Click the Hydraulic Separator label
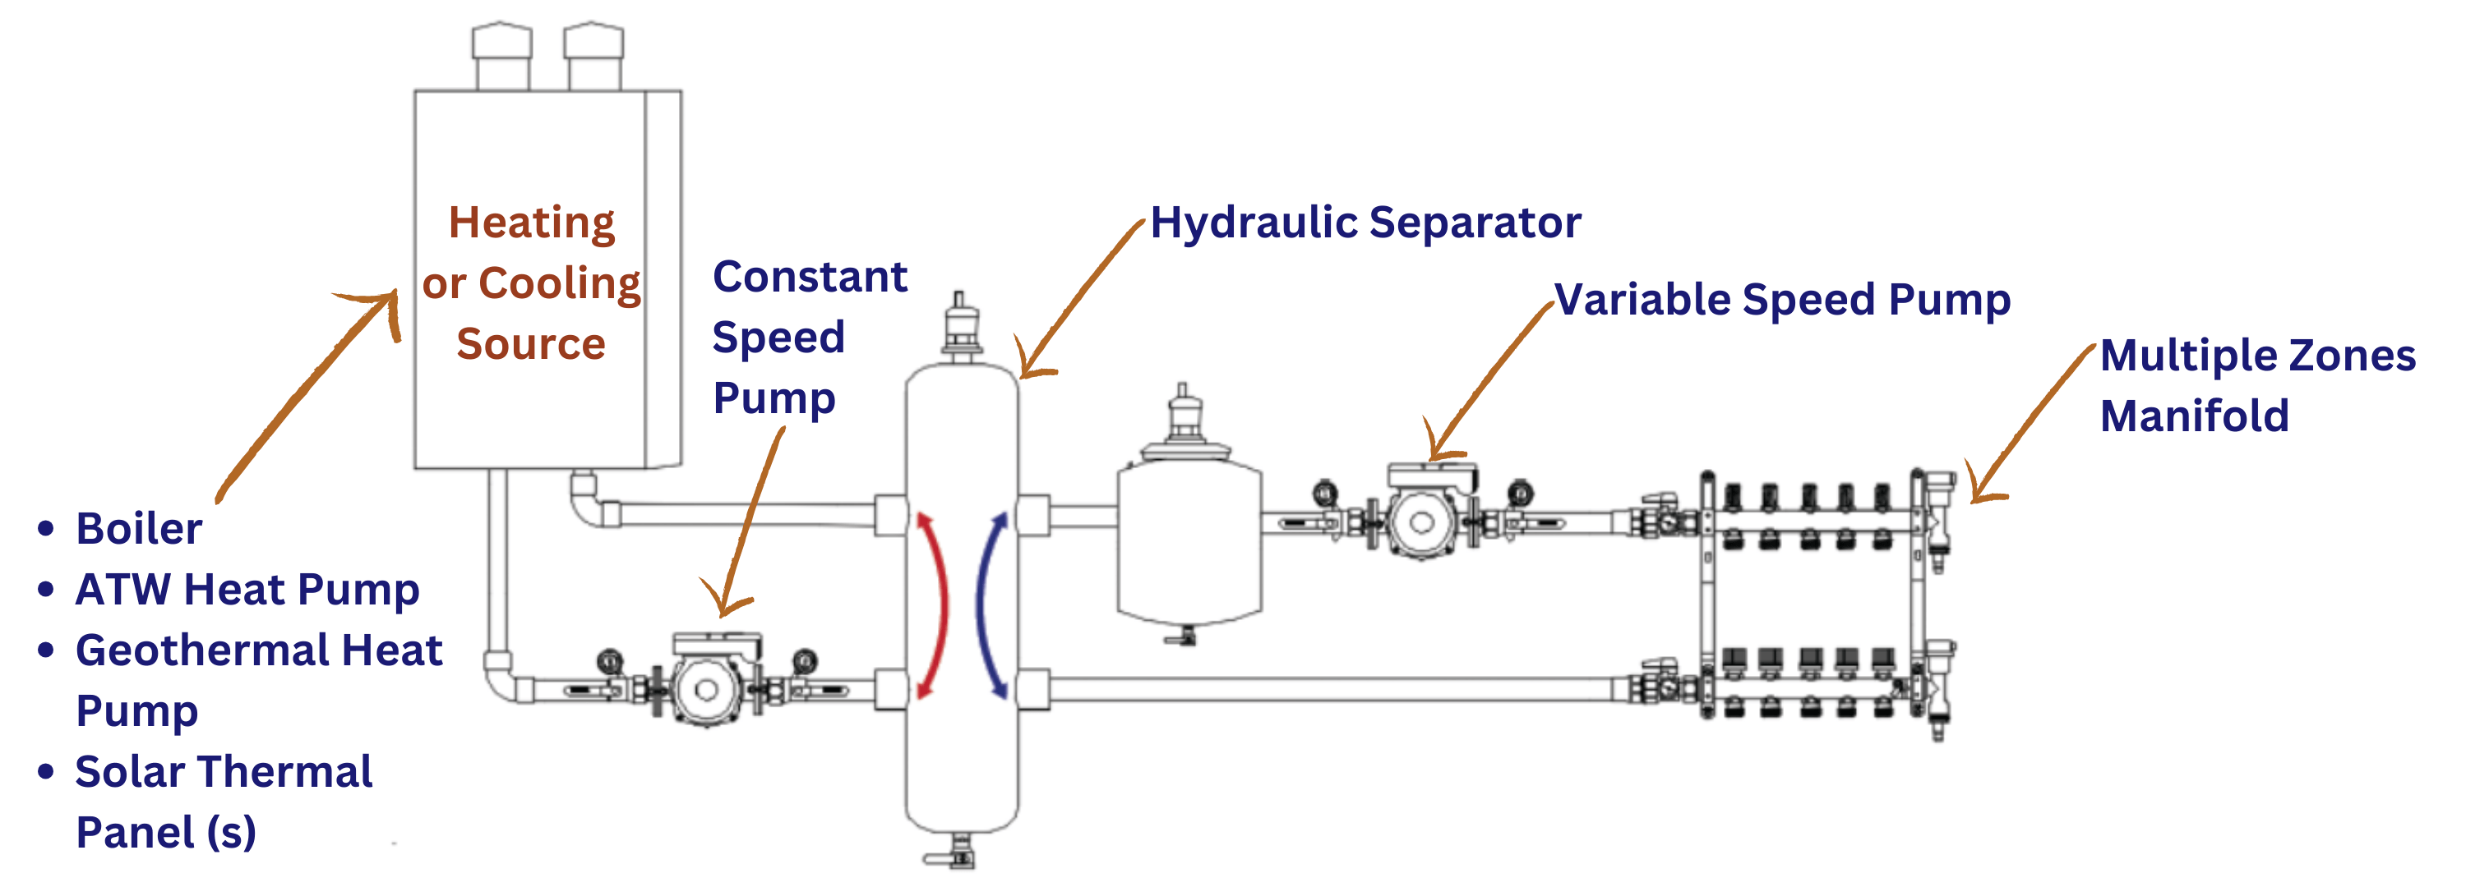(x=1365, y=223)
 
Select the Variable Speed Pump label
(x=1780, y=301)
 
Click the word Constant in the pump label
(x=809, y=278)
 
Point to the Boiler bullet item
(x=139, y=529)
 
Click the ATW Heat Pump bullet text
(x=247, y=590)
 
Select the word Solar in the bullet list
(x=129, y=772)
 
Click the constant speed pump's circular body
(x=706, y=689)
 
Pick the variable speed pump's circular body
(x=1421, y=522)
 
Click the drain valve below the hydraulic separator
(x=958, y=852)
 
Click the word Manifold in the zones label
(x=2193, y=416)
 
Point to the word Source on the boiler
(x=530, y=344)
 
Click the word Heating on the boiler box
(x=531, y=223)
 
